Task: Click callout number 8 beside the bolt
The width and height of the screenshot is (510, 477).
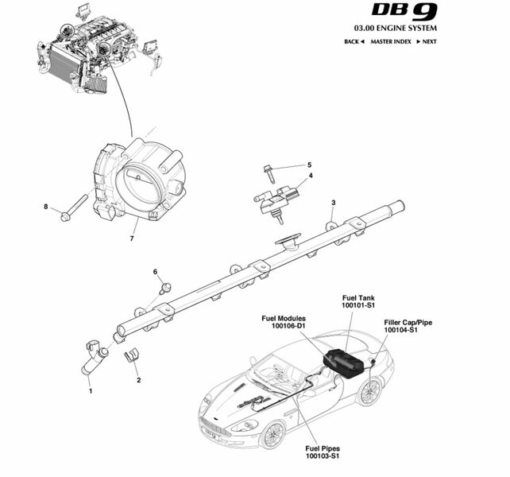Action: pyautogui.click(x=46, y=207)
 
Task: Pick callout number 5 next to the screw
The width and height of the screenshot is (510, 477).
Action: pyautogui.click(x=310, y=165)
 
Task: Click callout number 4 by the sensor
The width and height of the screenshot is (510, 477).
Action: pyautogui.click(x=311, y=176)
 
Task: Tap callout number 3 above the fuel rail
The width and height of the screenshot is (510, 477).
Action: pyautogui.click(x=333, y=203)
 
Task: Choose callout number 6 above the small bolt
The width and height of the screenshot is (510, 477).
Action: pyautogui.click(x=156, y=272)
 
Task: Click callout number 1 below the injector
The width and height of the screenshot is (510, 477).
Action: pyautogui.click(x=90, y=390)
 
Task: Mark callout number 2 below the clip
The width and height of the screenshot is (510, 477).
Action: pyautogui.click(x=138, y=380)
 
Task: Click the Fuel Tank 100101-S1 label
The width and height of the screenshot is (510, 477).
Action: pyautogui.click(x=358, y=301)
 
